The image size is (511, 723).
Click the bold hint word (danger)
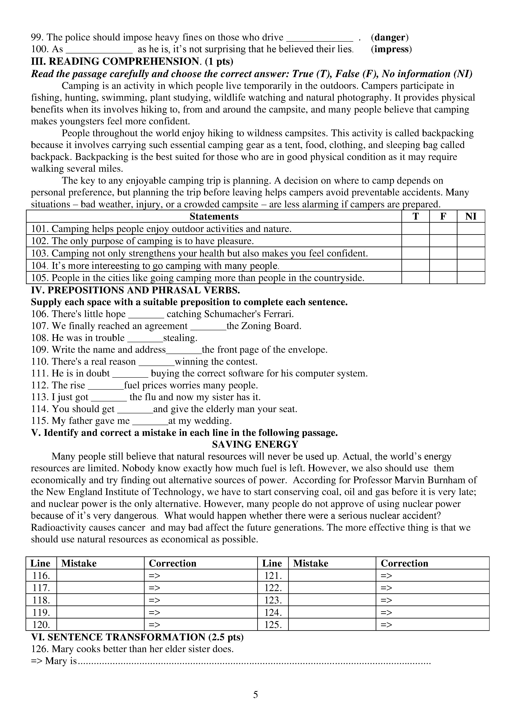[390, 38]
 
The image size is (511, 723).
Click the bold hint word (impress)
[391, 49]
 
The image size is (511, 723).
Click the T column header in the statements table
[415, 216]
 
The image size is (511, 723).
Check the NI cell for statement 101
[471, 229]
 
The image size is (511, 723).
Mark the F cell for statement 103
[443, 253]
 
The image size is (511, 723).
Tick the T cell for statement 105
[415, 278]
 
